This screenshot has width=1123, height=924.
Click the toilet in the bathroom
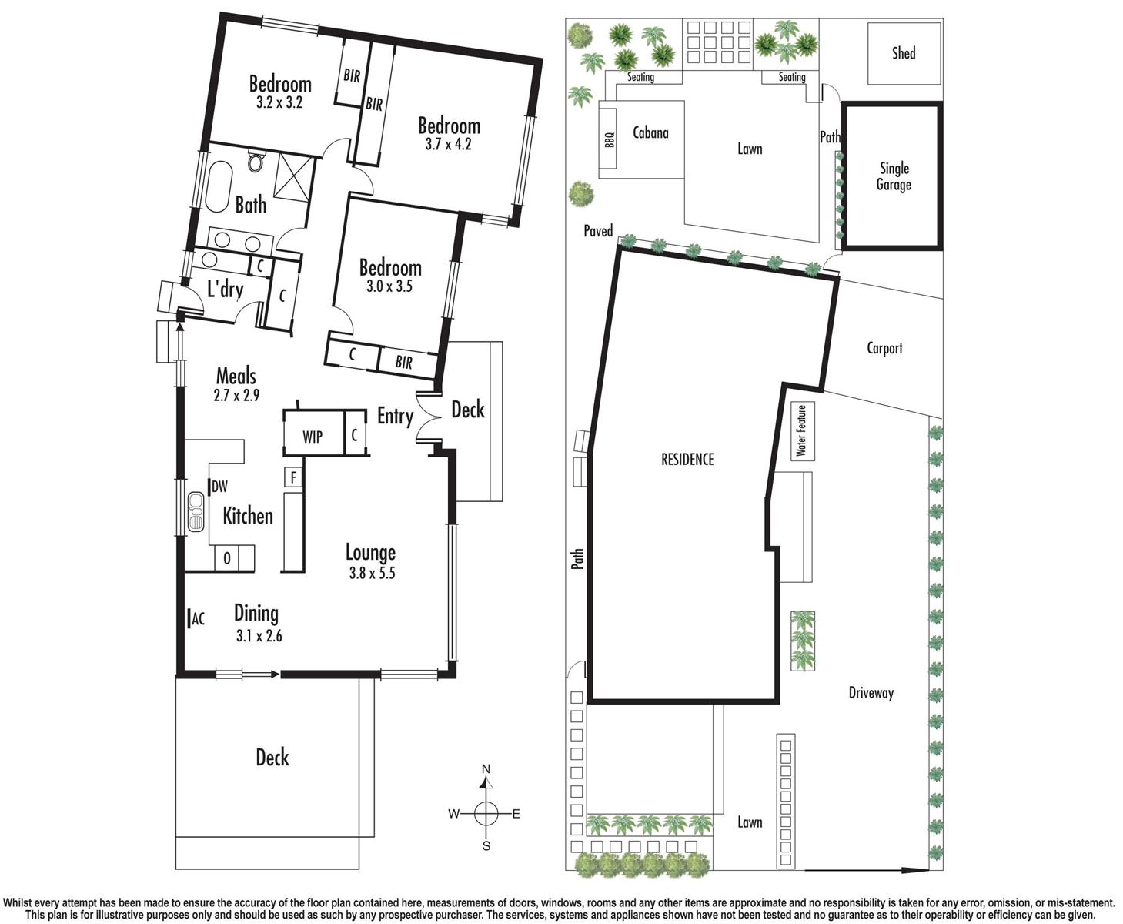tap(256, 162)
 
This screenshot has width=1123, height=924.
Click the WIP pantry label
tap(312, 437)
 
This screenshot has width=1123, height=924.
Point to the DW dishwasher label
tap(219, 487)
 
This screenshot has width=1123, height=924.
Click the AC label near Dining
tap(198, 618)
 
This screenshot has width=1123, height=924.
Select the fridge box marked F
tap(293, 477)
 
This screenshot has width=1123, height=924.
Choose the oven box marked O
tap(227, 558)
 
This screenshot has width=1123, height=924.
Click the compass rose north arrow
tap(486, 780)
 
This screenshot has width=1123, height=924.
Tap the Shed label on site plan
tap(904, 53)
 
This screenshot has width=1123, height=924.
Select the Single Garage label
tap(894, 176)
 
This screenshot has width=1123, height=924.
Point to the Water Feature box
tap(802, 431)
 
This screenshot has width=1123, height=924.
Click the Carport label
tap(884, 348)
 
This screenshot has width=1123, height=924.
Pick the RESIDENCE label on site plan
tap(687, 460)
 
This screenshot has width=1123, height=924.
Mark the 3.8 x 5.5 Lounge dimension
tap(371, 573)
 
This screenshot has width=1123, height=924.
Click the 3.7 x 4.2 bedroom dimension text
tap(448, 144)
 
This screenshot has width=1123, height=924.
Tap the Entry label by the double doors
tap(395, 417)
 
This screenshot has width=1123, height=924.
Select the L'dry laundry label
tap(226, 290)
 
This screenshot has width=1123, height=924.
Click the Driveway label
tap(871, 693)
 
